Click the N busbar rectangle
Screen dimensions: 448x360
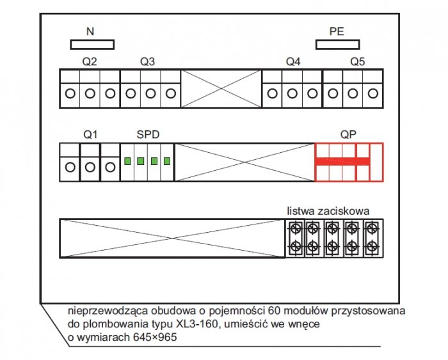pos(92,45)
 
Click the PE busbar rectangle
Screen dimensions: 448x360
pos(338,45)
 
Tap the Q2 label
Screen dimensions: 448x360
pos(90,61)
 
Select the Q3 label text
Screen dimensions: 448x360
pos(147,61)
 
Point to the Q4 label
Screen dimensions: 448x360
pos(293,61)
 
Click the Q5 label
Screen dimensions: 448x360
pos(357,61)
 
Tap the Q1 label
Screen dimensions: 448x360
pos(90,134)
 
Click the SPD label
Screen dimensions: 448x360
pos(148,134)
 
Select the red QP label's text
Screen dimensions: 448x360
pos(348,134)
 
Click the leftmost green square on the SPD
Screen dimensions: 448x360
pos(128,161)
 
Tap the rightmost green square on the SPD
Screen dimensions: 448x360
pos(167,161)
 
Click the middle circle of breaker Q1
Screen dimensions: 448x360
pos(90,168)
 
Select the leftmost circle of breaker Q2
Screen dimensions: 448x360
pos(70,93)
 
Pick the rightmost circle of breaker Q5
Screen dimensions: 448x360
pos(373,93)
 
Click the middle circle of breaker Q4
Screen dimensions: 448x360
pos(292,93)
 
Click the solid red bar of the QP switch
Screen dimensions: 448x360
pos(342,161)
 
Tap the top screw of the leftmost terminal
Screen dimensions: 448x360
pos(296,229)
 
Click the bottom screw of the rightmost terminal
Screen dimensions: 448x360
pos(372,246)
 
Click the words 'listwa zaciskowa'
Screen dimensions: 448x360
pos(328,211)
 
